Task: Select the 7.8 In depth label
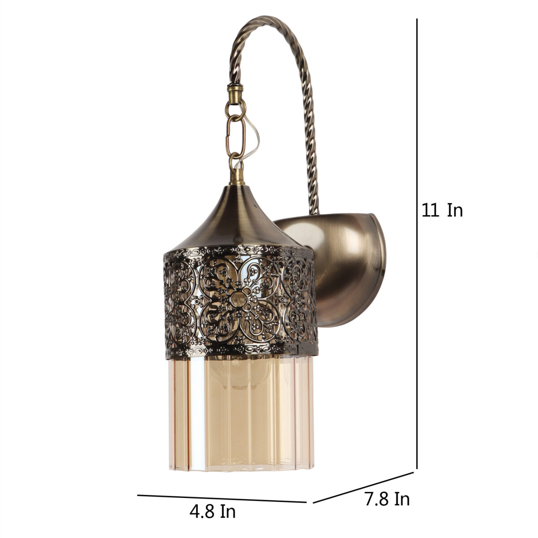click(387, 499)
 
